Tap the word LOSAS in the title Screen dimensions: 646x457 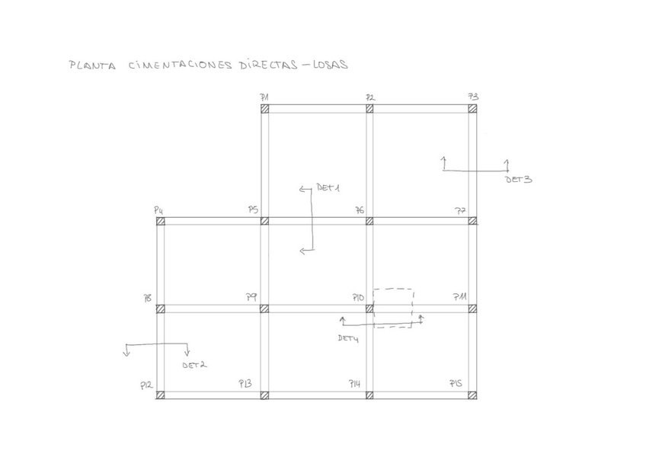tap(328, 65)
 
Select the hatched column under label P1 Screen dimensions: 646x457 tap(264, 109)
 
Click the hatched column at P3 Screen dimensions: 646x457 tap(472, 109)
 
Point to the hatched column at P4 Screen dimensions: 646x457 tap(161, 221)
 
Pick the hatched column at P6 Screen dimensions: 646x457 tap(369, 221)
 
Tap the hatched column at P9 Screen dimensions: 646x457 tap(264, 308)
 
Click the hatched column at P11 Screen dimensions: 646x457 tap(472, 308)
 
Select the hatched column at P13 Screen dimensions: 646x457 tap(264, 395)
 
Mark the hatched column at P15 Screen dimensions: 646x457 tap(472, 395)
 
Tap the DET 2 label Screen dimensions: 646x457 tap(194, 365)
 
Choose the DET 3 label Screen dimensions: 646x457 tap(518, 180)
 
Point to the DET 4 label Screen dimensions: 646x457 tap(348, 337)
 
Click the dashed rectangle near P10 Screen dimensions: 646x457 tap(394, 308)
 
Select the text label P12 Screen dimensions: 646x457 tap(146, 386)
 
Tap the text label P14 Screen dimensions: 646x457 tap(354, 383)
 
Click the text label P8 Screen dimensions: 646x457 tap(148, 299)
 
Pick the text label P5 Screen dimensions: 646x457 tap(253, 209)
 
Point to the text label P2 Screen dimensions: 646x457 tap(369, 97)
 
